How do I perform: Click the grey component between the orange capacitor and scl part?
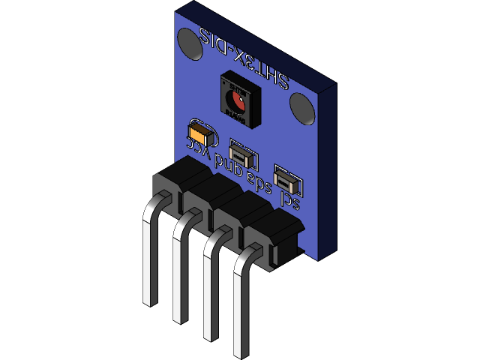click(x=244, y=153)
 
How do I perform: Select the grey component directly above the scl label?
click(x=287, y=180)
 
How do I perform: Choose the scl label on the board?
click(x=289, y=200)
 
